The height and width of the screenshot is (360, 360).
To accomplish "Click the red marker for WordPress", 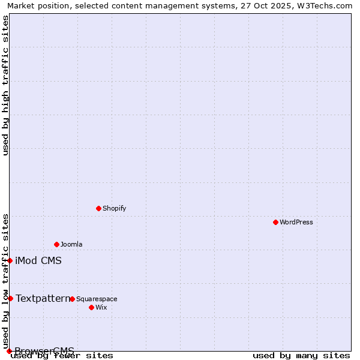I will [275, 222].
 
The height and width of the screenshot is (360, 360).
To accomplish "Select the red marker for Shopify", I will [98, 208].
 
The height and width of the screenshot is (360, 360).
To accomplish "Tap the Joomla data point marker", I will [56, 244].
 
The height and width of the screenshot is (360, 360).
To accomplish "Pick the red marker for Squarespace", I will [72, 299].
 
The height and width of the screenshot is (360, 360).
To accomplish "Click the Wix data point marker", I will [91, 307].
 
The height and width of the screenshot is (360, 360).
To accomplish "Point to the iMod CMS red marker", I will [10, 260].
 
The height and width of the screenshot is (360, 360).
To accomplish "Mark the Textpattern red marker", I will [10, 298].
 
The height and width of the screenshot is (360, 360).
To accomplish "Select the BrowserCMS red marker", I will [9, 351].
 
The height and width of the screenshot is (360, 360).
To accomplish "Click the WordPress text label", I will [296, 222].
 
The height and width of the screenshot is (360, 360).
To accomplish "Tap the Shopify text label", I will [114, 208].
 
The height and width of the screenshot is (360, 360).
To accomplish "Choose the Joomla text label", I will [71, 244].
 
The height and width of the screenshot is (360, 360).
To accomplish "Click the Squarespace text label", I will [97, 299].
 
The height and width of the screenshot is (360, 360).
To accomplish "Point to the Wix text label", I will [101, 307].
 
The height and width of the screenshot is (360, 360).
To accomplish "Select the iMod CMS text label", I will [38, 260].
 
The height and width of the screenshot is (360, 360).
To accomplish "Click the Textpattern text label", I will [43, 298].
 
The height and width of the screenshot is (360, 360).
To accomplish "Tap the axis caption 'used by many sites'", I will [301, 356].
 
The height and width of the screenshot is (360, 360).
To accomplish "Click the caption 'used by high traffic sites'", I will [5, 85].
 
